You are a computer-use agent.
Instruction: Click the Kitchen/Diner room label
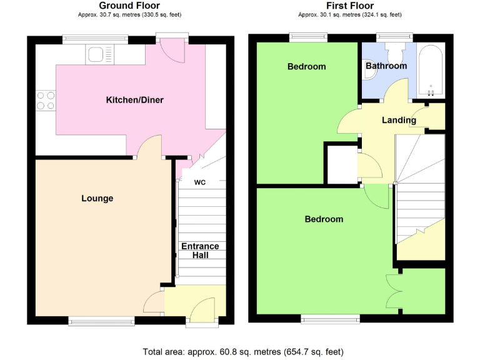[x=134, y=100]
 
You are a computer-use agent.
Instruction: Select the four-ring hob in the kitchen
[x=46, y=100]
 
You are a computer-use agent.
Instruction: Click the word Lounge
[x=97, y=198]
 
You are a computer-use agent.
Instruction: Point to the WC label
[x=200, y=183]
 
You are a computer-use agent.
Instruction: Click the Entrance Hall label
[x=200, y=250]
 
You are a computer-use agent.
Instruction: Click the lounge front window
[x=101, y=321]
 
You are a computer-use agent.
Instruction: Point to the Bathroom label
[x=386, y=66]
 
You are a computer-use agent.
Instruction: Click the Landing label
[x=399, y=120]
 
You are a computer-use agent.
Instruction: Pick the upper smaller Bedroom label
[x=306, y=66]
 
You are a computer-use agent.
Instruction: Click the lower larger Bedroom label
[x=324, y=219]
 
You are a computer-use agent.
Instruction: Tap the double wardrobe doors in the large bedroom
[x=394, y=292]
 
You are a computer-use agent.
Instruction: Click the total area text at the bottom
[x=243, y=351]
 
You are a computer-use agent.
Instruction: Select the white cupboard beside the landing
[x=341, y=164]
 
